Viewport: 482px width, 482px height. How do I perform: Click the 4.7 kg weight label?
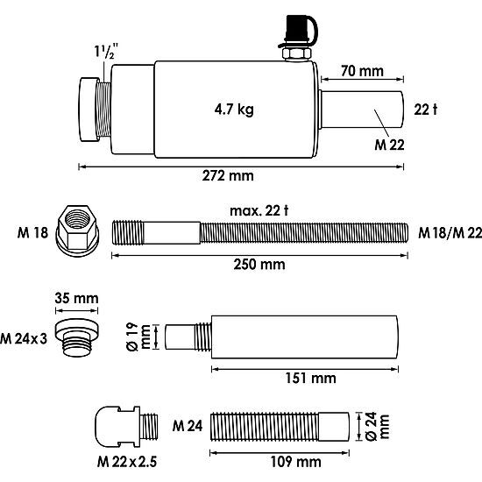click(234, 110)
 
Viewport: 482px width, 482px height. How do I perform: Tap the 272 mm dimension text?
click(228, 176)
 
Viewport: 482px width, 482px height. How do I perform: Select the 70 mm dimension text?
click(362, 71)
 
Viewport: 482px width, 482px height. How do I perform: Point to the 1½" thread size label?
click(106, 51)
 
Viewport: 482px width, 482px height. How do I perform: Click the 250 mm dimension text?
click(259, 265)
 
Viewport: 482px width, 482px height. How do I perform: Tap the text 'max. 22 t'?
click(259, 211)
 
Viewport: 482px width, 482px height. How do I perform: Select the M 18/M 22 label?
click(450, 233)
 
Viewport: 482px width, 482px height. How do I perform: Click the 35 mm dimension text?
click(76, 298)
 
